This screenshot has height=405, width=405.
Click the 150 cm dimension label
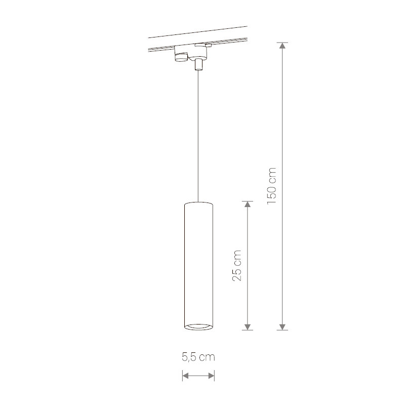click(272, 186)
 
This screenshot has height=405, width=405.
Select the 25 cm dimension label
click(237, 265)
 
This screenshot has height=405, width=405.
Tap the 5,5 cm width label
click(198, 357)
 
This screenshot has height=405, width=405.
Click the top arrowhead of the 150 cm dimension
click(282, 46)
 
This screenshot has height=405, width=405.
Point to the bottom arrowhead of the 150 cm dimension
click(282, 327)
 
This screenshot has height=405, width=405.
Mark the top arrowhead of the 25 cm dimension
click(248, 205)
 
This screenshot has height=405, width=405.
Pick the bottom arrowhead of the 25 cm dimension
click(248, 327)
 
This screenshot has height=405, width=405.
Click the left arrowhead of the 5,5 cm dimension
click(186, 376)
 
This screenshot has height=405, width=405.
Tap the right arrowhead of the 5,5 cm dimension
click(211, 376)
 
